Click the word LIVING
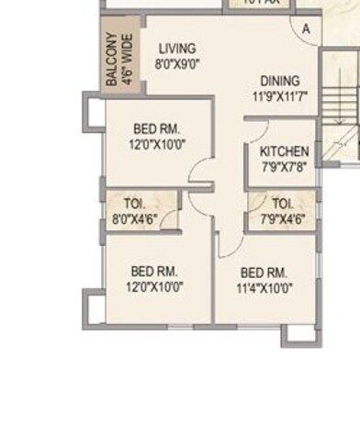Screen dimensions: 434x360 click(x=177, y=49)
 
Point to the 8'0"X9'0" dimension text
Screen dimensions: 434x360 click(x=177, y=64)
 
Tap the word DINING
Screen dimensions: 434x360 click(x=279, y=81)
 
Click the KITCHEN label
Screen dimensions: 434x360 click(x=284, y=151)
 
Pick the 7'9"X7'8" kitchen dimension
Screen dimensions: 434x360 click(x=284, y=166)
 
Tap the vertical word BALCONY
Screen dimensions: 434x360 click(x=111, y=61)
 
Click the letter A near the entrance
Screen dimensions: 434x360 click(x=306, y=28)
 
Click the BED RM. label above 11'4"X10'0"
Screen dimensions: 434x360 click(x=264, y=273)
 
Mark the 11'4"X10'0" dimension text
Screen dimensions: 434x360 click(x=264, y=287)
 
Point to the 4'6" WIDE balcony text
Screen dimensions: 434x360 click(x=127, y=61)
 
